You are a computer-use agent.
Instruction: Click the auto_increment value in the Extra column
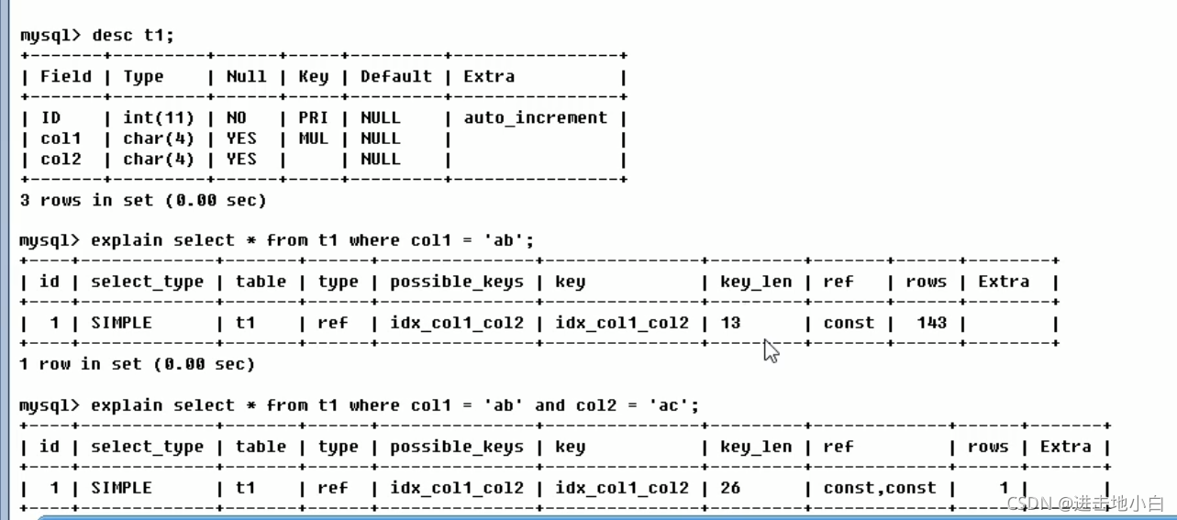(536, 118)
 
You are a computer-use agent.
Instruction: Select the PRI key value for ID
(313, 117)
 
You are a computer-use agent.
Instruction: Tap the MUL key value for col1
(313, 138)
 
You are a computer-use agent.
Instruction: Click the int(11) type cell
(159, 118)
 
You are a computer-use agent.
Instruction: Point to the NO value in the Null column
(237, 117)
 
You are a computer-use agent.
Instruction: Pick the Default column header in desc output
(396, 77)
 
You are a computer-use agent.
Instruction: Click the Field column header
(66, 77)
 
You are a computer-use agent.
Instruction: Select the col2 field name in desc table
(61, 160)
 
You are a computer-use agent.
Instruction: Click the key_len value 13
(730, 323)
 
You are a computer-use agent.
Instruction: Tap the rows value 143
(932, 323)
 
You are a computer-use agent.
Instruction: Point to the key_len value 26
(730, 488)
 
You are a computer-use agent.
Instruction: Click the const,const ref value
(880, 488)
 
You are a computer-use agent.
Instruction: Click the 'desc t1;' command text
(133, 35)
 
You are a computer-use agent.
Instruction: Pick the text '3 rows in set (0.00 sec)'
(143, 201)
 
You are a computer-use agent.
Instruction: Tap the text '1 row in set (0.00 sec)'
(137, 364)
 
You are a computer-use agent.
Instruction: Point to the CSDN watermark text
(1085, 503)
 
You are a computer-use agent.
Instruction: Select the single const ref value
(849, 323)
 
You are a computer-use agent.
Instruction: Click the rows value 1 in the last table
(1004, 488)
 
